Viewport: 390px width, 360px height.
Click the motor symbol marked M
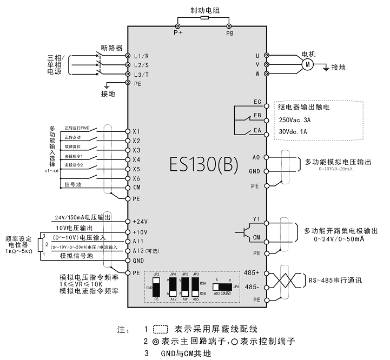click(307, 64)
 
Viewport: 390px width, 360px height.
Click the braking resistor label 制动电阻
click(204, 9)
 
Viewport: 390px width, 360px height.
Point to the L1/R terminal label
click(141, 56)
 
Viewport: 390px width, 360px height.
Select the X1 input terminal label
click(136, 131)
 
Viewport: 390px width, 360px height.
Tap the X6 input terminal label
click(136, 178)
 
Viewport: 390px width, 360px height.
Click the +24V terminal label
click(140, 221)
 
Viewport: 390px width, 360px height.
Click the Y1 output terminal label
click(257, 219)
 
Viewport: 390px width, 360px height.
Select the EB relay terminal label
click(257, 116)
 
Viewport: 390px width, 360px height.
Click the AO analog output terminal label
click(257, 157)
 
